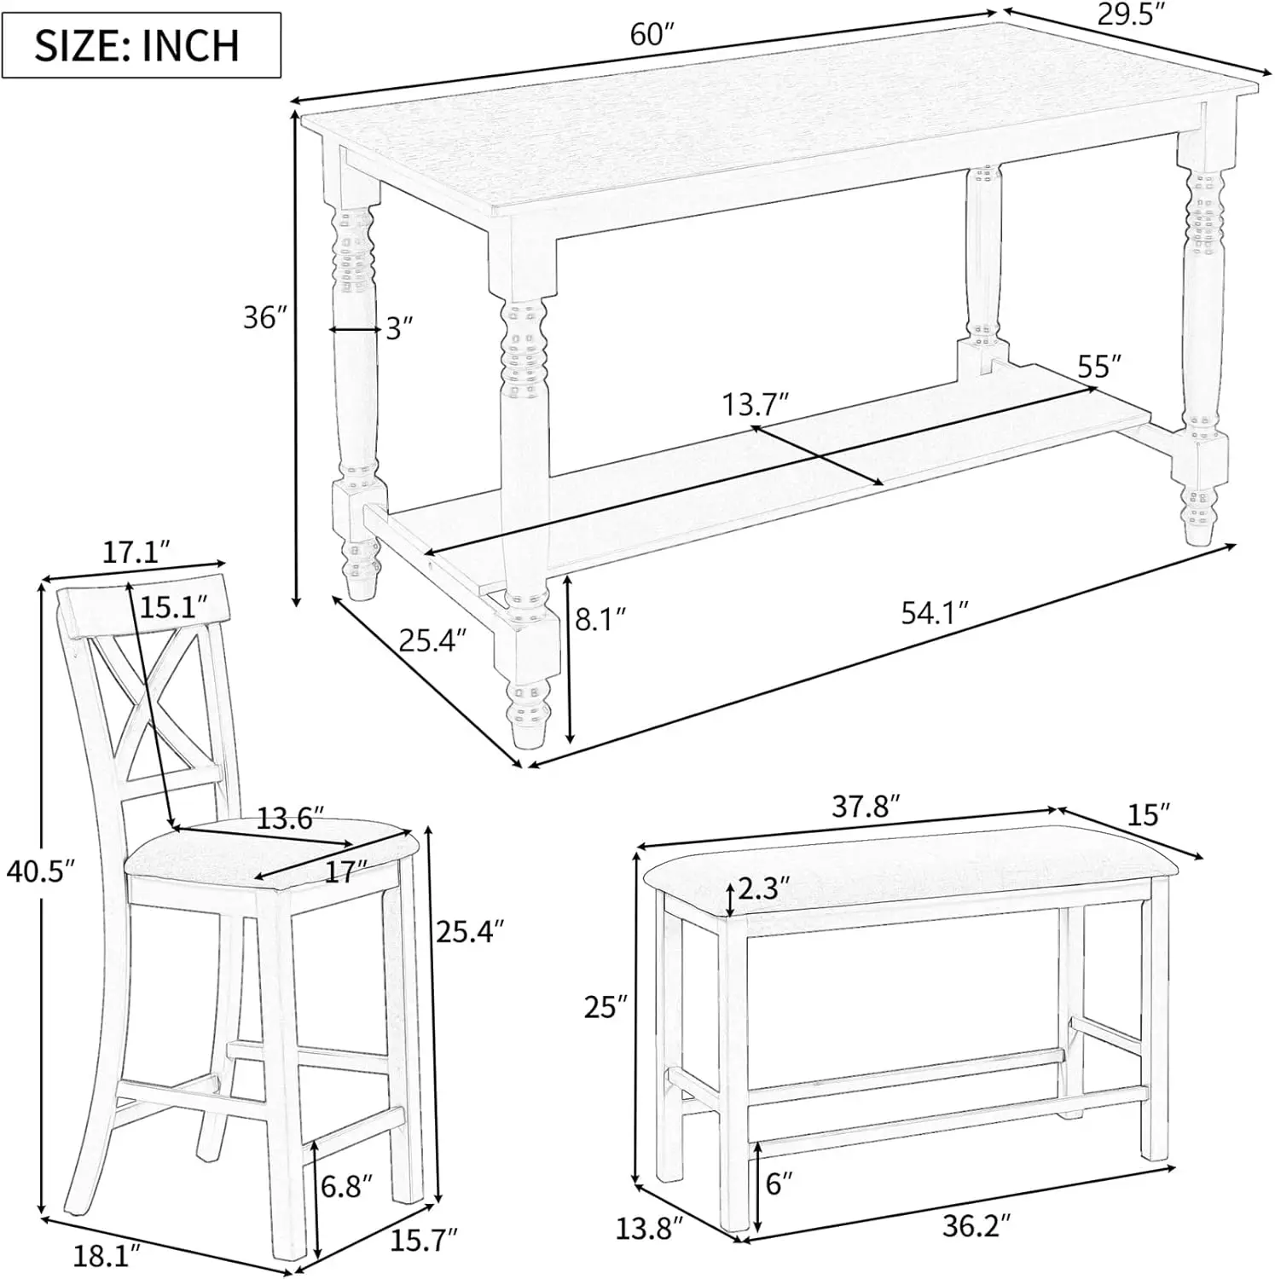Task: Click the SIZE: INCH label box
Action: (142, 45)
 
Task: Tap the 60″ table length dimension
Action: (652, 35)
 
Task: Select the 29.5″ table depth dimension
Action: (1131, 15)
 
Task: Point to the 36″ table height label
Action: (262, 317)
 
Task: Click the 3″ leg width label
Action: (399, 327)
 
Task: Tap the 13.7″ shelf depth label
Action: (756, 403)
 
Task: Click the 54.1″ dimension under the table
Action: (936, 612)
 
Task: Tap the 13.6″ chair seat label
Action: (291, 819)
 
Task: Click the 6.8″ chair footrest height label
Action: (347, 1186)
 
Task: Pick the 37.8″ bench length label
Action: (866, 806)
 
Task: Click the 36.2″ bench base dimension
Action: (977, 1226)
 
